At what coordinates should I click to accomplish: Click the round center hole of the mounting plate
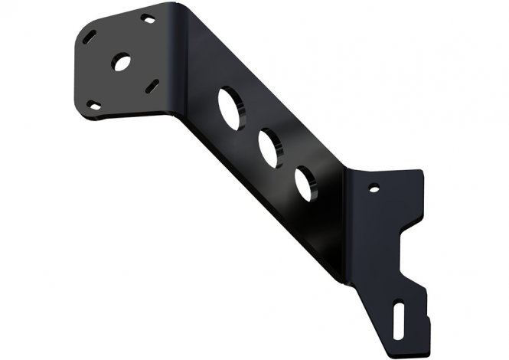(x=121, y=62)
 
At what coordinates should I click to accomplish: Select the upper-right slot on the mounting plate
(x=148, y=18)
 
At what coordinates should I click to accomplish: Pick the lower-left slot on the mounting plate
(x=93, y=106)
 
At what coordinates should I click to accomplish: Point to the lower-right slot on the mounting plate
(x=152, y=84)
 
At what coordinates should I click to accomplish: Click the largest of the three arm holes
(x=230, y=108)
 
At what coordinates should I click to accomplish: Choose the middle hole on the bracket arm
(x=269, y=148)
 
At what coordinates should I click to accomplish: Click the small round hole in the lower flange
(x=374, y=187)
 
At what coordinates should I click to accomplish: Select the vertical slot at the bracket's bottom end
(x=400, y=316)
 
